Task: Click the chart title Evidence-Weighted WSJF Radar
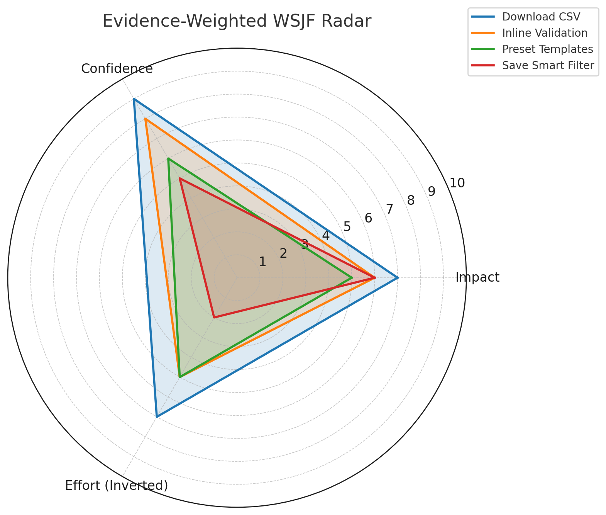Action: tap(237, 21)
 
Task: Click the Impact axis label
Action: tap(477, 277)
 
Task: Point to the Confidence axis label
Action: tap(117, 69)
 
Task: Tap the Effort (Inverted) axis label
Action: tap(117, 485)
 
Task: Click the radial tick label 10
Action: tap(457, 183)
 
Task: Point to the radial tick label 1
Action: tap(263, 262)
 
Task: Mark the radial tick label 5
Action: tap(347, 227)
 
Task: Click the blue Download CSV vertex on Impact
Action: tap(398, 278)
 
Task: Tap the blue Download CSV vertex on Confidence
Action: tap(134, 99)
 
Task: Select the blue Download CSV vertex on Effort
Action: tap(157, 416)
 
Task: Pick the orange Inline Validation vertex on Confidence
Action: tap(145, 119)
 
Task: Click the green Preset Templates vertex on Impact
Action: tap(352, 278)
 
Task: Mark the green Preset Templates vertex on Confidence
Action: tap(168, 159)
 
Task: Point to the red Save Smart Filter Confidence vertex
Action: tap(180, 178)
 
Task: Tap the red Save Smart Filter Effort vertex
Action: tap(214, 317)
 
